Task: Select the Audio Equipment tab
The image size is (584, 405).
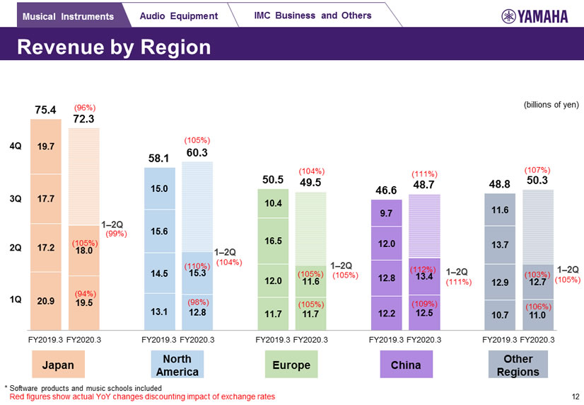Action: pos(174,16)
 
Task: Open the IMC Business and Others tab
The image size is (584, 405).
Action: pos(312,16)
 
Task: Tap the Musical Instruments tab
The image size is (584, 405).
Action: pos(68,16)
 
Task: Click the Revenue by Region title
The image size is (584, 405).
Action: pos(114,47)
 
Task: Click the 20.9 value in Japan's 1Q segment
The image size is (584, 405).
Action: pos(46,301)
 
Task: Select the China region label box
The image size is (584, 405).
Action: pos(405,365)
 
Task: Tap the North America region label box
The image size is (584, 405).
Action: pos(173,365)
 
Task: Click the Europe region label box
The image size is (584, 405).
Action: pos(291,365)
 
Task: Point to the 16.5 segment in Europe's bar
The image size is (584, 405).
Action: pos(274,241)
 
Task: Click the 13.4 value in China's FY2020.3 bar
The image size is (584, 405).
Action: pos(425,277)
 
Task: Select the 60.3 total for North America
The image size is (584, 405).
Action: pos(197,153)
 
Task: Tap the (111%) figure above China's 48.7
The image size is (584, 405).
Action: pos(424,173)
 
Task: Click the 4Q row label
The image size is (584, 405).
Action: pos(15,147)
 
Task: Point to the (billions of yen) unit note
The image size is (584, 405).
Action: pos(551,105)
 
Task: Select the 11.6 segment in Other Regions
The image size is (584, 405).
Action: pos(501,210)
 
